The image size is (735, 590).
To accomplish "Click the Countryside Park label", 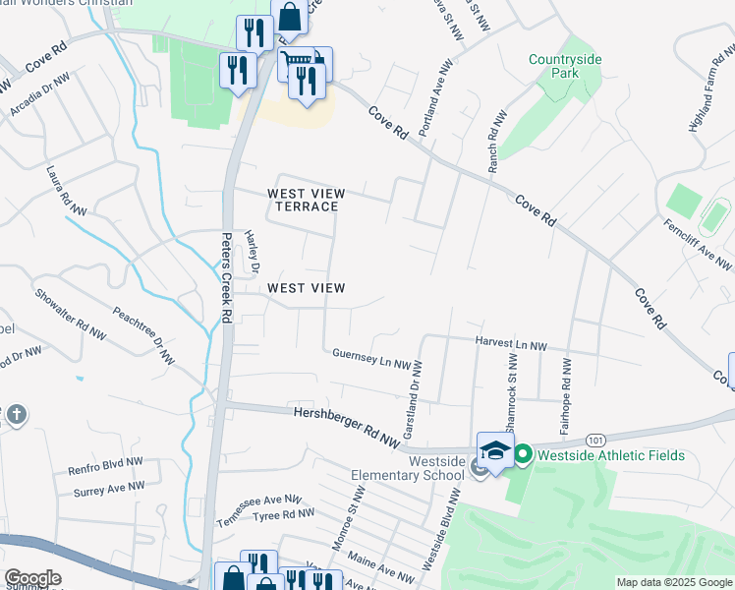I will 564,67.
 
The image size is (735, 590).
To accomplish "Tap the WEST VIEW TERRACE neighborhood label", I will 304,200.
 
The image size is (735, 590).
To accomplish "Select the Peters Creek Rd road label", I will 225,277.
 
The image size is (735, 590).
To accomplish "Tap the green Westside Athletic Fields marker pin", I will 523,455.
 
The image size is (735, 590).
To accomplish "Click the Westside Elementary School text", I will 407,468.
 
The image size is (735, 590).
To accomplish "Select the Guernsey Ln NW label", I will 370,358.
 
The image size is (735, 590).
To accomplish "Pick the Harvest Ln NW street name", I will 510,344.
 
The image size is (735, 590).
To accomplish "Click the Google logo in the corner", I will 31,578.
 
